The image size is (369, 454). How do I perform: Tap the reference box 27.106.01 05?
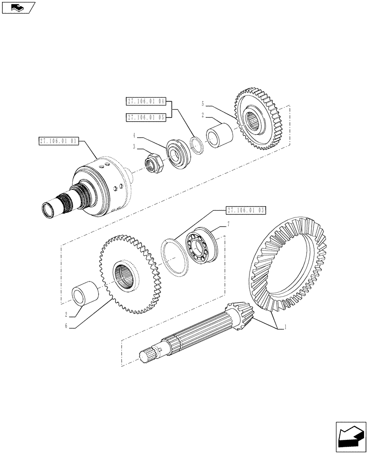[146, 117]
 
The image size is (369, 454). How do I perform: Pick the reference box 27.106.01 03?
[245, 210]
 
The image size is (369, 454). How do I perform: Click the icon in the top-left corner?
[18, 7]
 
